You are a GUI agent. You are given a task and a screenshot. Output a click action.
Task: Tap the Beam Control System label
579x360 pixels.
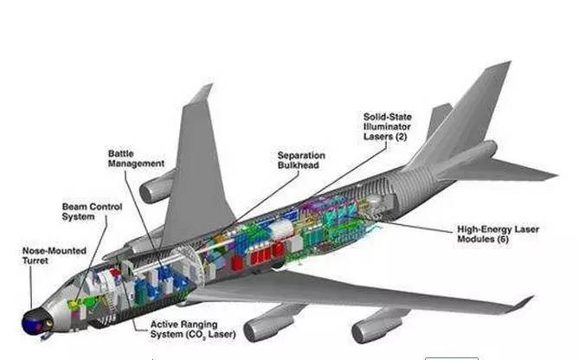pos(92,213)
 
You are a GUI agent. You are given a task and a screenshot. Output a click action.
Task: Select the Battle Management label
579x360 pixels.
pos(135,158)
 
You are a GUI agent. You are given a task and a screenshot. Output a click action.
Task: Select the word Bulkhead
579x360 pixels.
pos(300,167)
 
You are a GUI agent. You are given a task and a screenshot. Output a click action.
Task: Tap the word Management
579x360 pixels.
pos(135,164)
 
